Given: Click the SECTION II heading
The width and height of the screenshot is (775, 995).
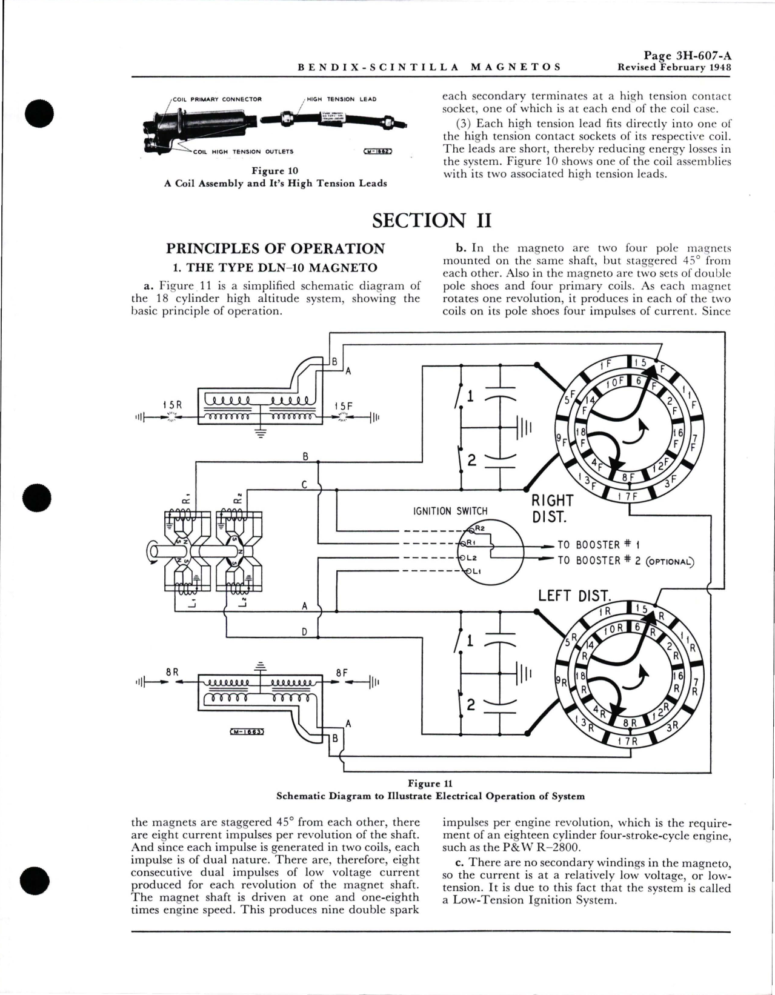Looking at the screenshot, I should click(431, 221).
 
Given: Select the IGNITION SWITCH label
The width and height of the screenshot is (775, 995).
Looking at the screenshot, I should click(450, 511).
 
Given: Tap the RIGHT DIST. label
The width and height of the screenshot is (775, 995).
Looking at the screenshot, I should click(552, 509).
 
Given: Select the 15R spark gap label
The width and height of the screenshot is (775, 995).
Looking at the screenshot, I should click(173, 404).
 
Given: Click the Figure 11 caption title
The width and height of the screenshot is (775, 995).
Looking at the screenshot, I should click(430, 784).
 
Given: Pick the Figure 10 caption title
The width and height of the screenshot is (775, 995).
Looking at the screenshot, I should click(275, 171).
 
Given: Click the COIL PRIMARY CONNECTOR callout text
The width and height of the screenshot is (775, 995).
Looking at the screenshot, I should click(217, 99).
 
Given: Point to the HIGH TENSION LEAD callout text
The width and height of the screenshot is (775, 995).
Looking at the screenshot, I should click(341, 99).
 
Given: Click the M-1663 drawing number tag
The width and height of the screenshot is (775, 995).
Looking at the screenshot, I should click(247, 732).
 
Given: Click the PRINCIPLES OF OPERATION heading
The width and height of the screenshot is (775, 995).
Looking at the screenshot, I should click(275, 248).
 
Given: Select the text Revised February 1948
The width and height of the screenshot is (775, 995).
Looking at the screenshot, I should click(674, 67).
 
